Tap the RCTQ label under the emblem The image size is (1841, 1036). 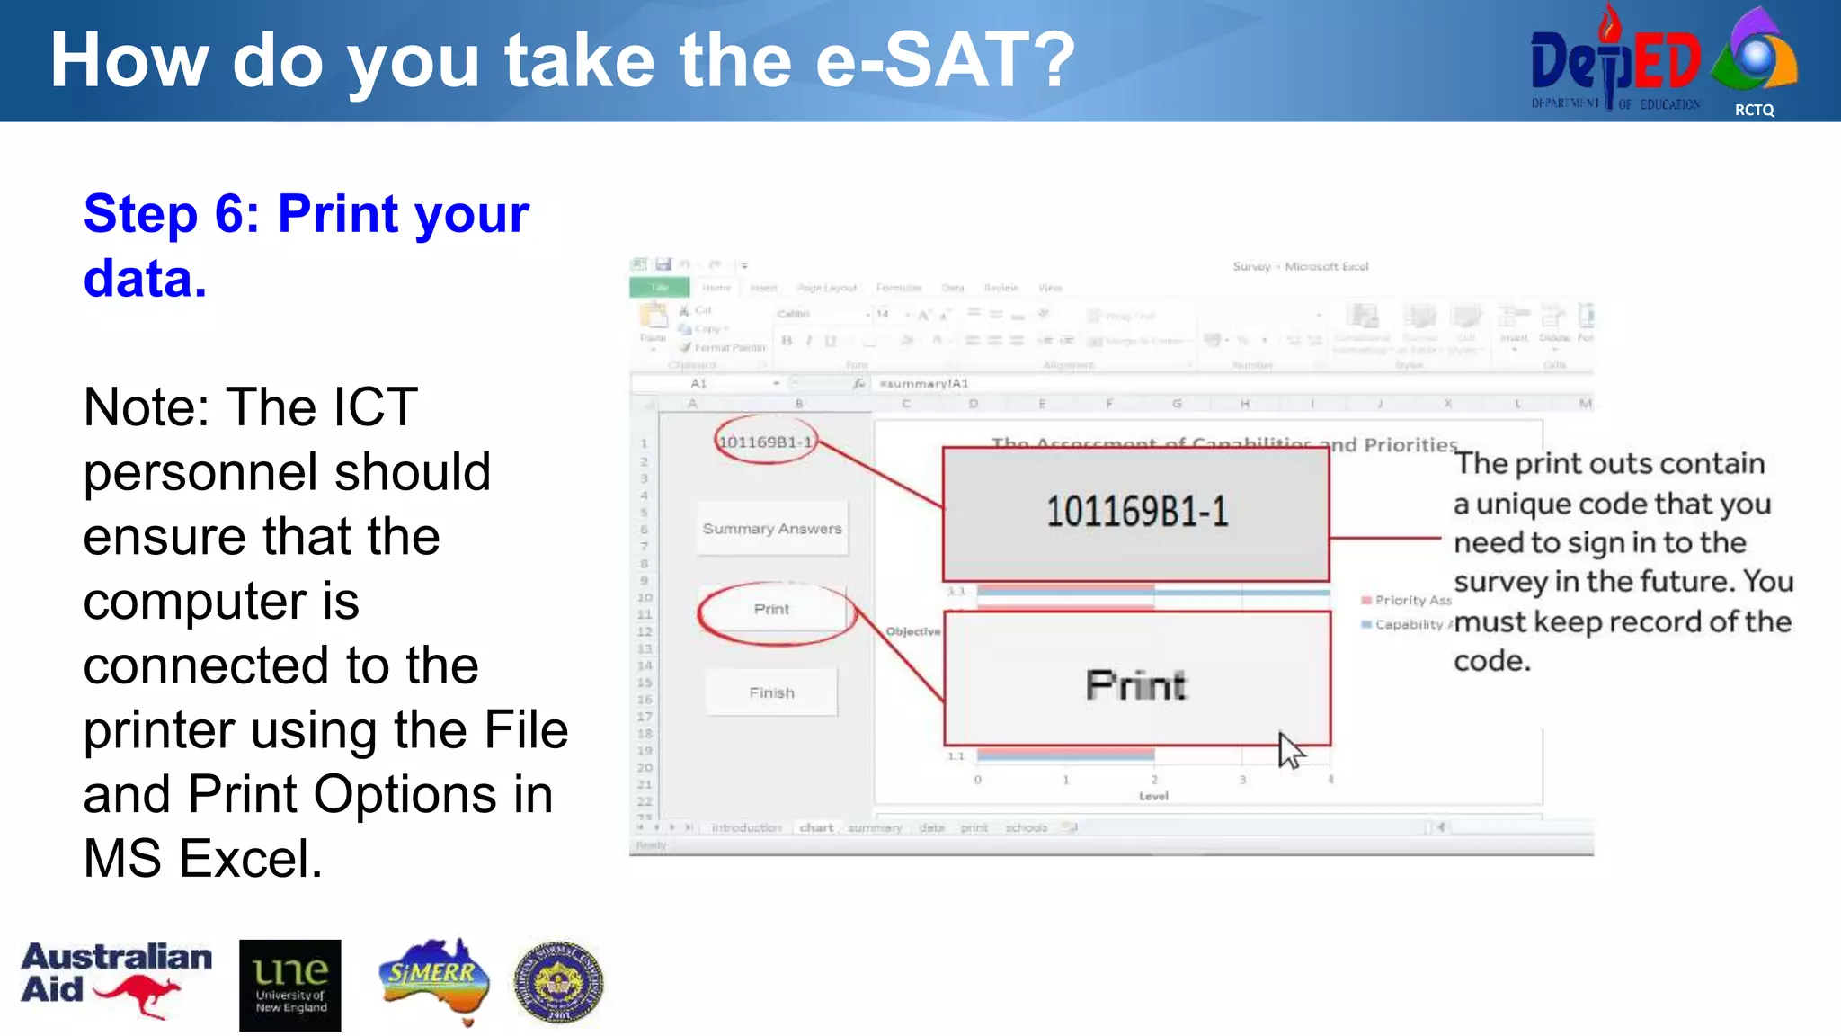click(x=1754, y=110)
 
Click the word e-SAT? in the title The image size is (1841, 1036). click(x=944, y=61)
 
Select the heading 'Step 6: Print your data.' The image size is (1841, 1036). click(x=306, y=245)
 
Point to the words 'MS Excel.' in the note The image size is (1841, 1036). click(x=202, y=859)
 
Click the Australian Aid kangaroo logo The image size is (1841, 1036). click(x=117, y=980)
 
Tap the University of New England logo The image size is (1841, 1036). click(x=289, y=985)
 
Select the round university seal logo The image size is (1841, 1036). click(x=558, y=983)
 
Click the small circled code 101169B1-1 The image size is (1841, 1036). click(x=765, y=442)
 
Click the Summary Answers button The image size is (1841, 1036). click(x=772, y=529)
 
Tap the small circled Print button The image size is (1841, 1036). click(x=772, y=610)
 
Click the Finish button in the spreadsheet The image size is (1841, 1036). click(x=771, y=692)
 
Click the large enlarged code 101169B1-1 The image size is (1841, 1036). click(x=1136, y=513)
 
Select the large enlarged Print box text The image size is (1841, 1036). click(x=1136, y=685)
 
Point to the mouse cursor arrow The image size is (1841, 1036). click(x=1290, y=750)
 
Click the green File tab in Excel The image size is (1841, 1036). click(x=659, y=288)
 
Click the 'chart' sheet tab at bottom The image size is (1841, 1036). click(x=816, y=827)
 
